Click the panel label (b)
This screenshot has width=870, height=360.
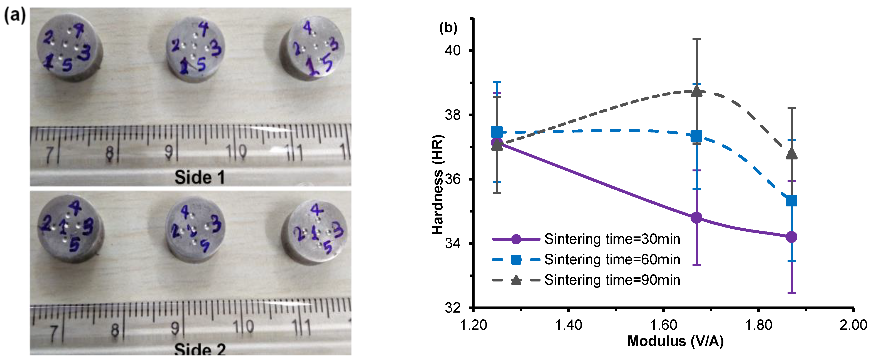coord(448,28)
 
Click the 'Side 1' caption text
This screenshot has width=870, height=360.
coord(200,177)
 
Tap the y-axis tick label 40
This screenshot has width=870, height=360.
coord(453,50)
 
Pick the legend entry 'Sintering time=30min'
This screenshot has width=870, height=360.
coord(612,239)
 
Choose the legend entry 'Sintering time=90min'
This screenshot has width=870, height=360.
coord(612,280)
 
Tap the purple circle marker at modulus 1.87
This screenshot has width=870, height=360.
coord(791,237)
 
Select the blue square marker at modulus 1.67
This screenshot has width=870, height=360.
coord(696,136)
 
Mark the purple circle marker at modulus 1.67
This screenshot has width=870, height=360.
coord(696,218)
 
